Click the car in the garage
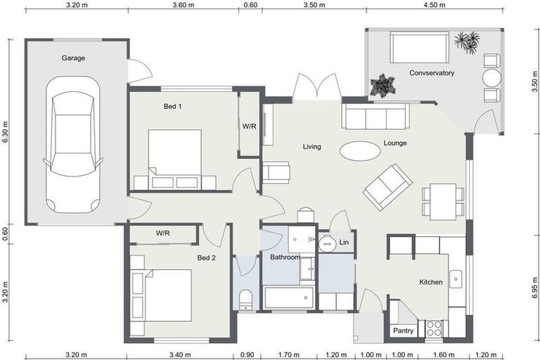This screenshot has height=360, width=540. (x=73, y=144)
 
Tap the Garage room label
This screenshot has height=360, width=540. (x=73, y=58)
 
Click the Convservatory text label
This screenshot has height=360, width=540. (x=432, y=73)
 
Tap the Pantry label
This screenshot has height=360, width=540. (x=402, y=330)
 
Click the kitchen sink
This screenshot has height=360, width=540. (x=456, y=279)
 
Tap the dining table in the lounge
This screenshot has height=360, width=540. (x=443, y=200)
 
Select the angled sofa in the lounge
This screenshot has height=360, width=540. (x=387, y=186)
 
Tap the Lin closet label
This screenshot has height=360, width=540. (x=344, y=243)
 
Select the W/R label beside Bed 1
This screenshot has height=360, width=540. (x=250, y=127)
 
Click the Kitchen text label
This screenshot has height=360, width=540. (x=431, y=282)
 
